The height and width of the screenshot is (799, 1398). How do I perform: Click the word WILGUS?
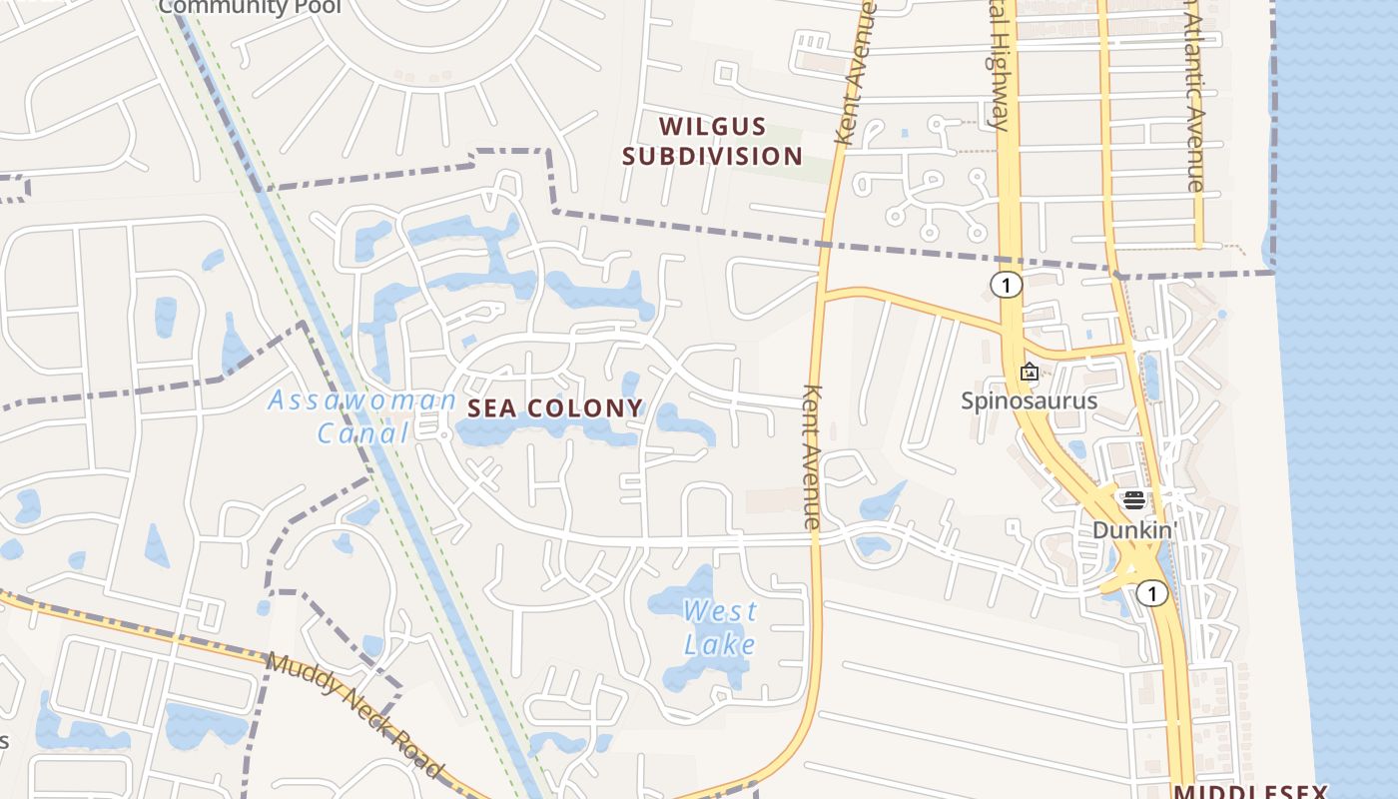click(713, 127)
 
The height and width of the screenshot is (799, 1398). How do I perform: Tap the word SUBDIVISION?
click(713, 156)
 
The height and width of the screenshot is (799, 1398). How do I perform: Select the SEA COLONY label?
click(555, 407)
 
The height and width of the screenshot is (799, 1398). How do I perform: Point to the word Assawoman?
click(362, 401)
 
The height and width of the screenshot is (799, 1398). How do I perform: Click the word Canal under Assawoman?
click(362, 432)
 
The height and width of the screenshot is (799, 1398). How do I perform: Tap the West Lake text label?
click(720, 627)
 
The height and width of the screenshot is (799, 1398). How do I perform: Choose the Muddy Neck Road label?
click(355, 715)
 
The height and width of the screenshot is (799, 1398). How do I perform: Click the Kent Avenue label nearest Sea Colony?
click(812, 456)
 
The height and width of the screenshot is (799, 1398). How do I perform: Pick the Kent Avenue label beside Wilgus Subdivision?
click(856, 75)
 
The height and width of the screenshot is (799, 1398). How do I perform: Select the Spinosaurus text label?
click(1029, 400)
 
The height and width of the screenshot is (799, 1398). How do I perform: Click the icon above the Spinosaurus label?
click(1029, 373)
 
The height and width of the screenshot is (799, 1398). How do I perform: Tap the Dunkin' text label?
click(1135, 529)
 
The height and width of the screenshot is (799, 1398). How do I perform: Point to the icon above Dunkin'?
click(1133, 499)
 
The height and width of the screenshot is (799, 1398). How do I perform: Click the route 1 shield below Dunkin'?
click(1152, 594)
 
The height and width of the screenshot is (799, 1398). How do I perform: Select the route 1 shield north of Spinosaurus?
click(1007, 286)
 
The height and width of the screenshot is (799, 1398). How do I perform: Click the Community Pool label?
click(250, 7)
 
